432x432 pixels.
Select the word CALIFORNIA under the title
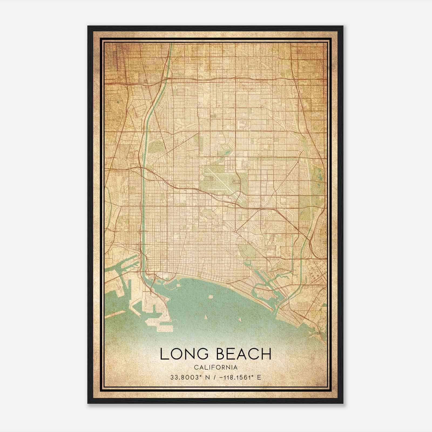coord(216,367)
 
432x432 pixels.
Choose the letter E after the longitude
coord(259,377)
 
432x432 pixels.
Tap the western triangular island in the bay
coord(205,317)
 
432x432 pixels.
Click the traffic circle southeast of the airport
coord(236,232)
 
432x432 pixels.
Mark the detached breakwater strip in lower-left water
coord(115,314)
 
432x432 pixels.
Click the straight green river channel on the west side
coord(143,216)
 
